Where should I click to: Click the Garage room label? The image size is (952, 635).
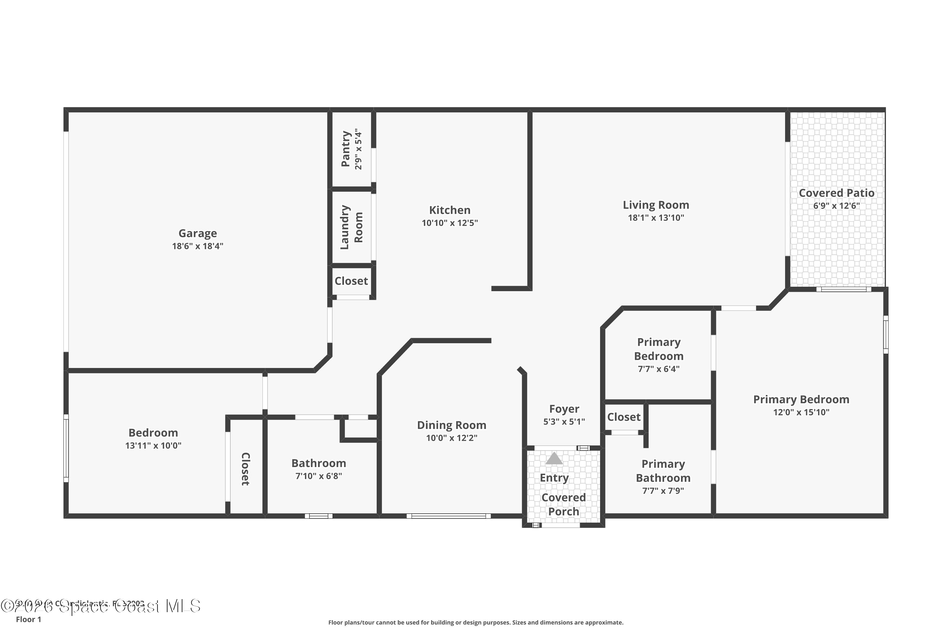[197, 233]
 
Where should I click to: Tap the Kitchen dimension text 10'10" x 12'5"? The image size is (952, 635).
[450, 223]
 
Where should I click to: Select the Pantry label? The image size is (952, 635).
[345, 149]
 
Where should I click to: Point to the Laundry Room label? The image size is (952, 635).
[351, 227]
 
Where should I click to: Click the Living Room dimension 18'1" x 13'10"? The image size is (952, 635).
[656, 217]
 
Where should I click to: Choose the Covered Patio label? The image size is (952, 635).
[836, 193]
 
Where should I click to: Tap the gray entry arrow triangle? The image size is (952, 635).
[554, 458]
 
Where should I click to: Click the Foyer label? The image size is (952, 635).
[564, 409]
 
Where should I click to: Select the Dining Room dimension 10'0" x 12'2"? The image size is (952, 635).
[451, 438]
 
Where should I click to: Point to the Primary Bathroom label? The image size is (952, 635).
[663, 471]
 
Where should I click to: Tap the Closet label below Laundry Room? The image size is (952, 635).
[351, 281]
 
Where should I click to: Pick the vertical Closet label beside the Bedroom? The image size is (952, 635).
[245, 469]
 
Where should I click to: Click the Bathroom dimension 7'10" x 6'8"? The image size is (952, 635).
[319, 476]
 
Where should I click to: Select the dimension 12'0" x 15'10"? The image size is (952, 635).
[801, 412]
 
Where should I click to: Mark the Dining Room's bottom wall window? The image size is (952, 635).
[448, 516]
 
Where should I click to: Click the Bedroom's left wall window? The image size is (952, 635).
[66, 448]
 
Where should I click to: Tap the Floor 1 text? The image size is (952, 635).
[28, 619]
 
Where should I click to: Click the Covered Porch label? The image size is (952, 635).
[564, 504]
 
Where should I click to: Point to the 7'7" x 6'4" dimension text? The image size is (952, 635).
[658, 369]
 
